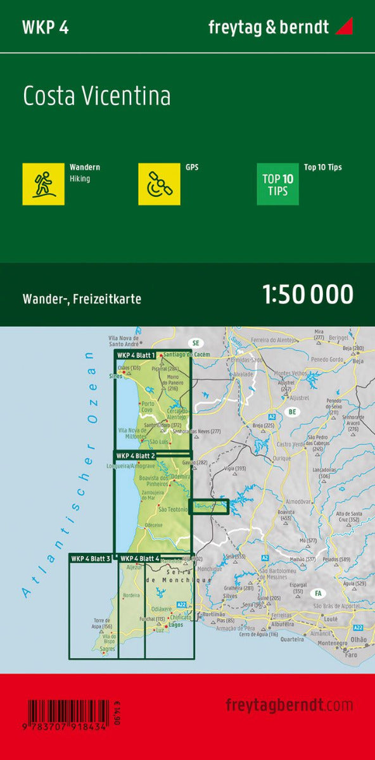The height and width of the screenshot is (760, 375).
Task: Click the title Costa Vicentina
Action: coord(97,96)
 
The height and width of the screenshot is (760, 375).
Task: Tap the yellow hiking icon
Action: coord(43,184)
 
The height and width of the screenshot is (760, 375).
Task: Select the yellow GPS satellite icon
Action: coord(159,184)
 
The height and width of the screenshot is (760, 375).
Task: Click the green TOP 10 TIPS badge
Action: coord(277,184)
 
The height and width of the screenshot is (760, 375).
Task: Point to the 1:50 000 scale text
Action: coord(307,294)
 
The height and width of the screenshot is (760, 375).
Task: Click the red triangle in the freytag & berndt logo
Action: coord(344,27)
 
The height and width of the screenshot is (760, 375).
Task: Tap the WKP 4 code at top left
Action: coord(45,27)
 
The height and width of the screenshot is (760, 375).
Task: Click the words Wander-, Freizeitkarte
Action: coord(82,298)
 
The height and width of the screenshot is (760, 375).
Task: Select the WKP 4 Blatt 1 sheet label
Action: coord(136,355)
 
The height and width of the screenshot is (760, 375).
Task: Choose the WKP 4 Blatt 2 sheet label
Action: coord(136,455)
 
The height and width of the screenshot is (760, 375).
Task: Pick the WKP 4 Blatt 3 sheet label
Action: coord(91,558)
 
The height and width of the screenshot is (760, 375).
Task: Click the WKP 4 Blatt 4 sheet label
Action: coord(139,558)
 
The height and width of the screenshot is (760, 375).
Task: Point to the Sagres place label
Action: coord(108,649)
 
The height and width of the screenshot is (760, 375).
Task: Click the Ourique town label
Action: coord(281,458)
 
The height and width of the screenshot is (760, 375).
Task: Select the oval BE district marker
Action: coord(292,412)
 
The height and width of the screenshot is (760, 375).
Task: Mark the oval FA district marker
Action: coord(316,593)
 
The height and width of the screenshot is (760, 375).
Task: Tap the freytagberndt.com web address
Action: coord(289,705)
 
